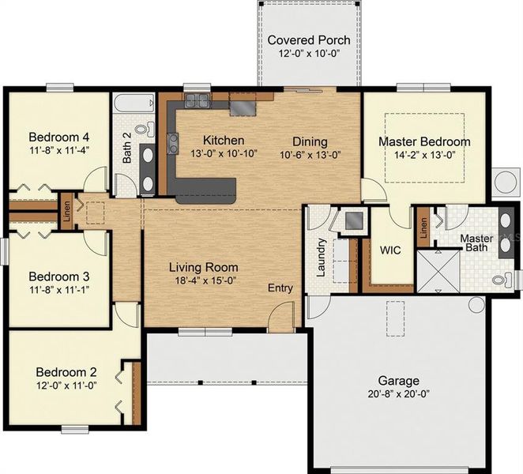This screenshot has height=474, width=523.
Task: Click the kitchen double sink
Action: point(197,100)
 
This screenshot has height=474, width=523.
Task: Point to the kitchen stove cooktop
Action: point(245,105)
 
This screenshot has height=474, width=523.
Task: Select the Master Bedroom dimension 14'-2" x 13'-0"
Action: point(423,155)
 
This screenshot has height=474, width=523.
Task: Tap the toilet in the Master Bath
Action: point(500,279)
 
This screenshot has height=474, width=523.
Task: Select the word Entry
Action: point(280,288)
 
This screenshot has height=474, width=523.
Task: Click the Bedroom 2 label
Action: point(66,372)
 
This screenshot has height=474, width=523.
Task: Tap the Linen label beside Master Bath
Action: point(423,228)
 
